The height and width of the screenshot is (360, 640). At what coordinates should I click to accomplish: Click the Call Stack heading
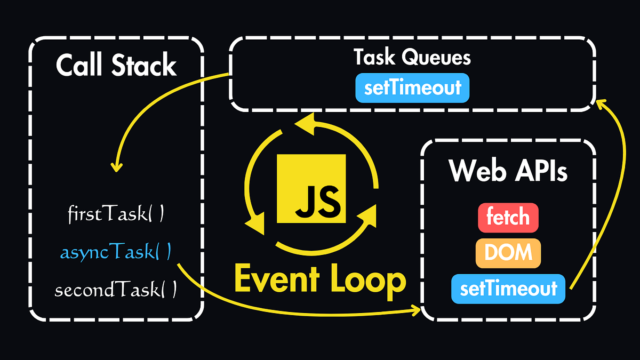(116, 66)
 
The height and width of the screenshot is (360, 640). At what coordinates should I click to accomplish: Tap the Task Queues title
(412, 58)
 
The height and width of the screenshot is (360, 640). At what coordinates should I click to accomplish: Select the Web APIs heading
(508, 171)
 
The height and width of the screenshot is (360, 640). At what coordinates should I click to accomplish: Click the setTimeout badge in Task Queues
(412, 87)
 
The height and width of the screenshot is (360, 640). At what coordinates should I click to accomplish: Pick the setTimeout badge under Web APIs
(508, 289)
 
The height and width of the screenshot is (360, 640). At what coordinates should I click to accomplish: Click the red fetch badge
(508, 218)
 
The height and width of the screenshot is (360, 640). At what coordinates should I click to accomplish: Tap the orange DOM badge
(508, 253)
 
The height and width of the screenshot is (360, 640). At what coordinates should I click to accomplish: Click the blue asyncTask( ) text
(116, 252)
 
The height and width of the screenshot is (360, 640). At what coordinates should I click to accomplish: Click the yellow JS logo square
(311, 189)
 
